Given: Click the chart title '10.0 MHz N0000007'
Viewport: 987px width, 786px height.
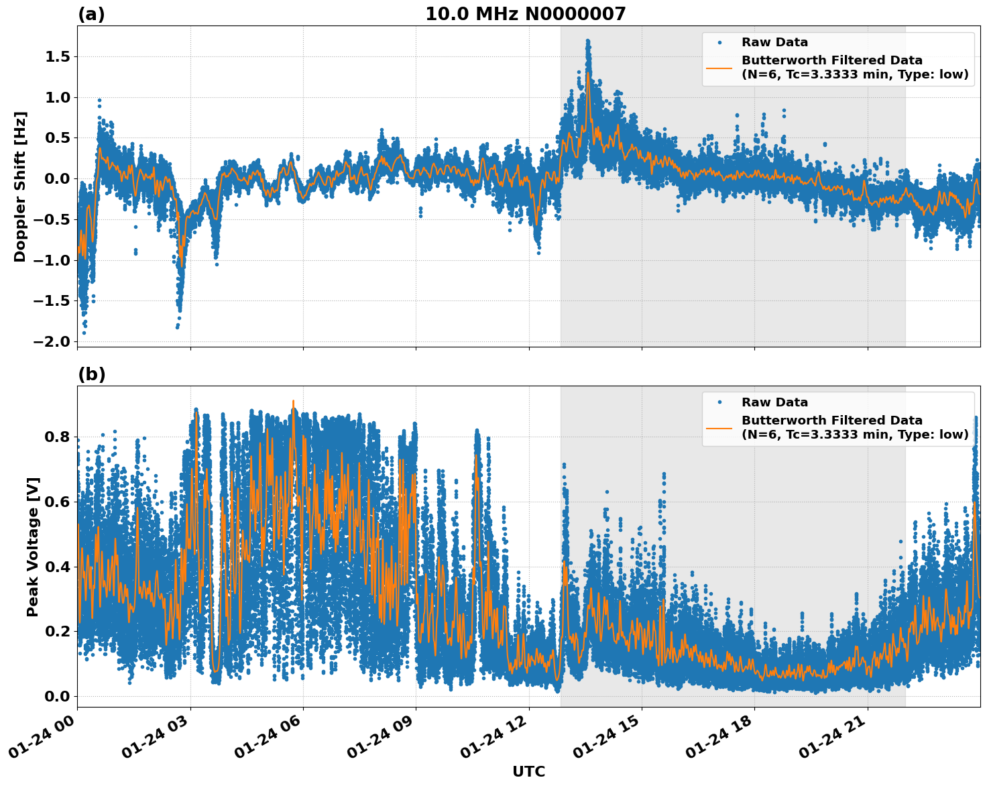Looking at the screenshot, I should pos(525,14).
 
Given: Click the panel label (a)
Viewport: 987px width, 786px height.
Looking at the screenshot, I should pos(91,14).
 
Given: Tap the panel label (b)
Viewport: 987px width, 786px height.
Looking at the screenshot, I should pos(91,374).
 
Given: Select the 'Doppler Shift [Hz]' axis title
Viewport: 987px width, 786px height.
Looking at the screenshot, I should pos(20,186).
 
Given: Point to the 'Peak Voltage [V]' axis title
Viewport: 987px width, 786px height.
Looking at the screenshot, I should pos(33,547).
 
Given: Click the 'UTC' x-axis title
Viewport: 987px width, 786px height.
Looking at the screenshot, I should pos(528,771).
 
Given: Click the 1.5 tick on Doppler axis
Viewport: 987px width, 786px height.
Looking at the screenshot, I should pos(57,57).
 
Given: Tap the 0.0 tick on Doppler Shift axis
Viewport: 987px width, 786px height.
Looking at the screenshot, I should pos(57,179).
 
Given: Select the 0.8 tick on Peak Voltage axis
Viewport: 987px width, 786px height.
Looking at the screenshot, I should pos(57,437).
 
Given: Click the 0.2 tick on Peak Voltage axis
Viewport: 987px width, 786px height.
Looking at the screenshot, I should pos(57,631).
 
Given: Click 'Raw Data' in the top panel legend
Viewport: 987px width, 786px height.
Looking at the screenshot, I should pos(774,42).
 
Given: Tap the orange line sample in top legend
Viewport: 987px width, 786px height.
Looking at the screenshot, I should pos(719,67).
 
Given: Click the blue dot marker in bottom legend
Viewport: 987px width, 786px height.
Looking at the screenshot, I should pos(719,402).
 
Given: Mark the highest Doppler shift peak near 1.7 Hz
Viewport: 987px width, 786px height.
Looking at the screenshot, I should pos(587,41).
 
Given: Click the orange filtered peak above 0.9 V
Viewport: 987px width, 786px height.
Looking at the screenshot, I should pos(293,402).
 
